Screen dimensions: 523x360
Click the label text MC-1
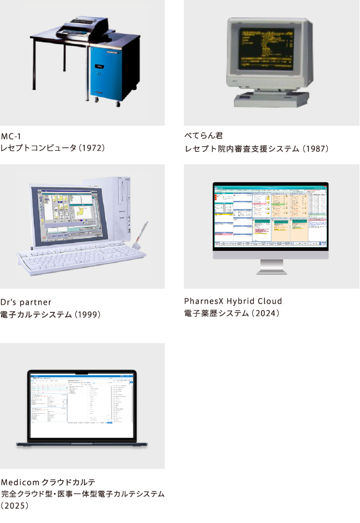coord(11,136)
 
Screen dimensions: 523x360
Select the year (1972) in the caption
coord(91,148)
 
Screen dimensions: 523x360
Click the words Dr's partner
coord(26,302)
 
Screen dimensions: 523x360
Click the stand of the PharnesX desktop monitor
coord(271,266)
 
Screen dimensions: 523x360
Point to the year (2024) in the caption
coord(266,313)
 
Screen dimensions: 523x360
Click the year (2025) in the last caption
coord(15,505)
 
